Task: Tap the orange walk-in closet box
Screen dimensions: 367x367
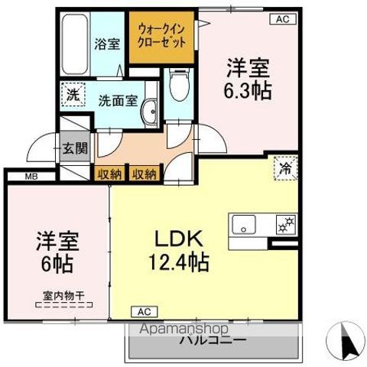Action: [162, 35]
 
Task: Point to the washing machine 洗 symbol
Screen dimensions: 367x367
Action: [72, 96]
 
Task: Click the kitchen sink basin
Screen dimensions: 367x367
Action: [245, 224]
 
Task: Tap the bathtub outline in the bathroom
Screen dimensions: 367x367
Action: [74, 44]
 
